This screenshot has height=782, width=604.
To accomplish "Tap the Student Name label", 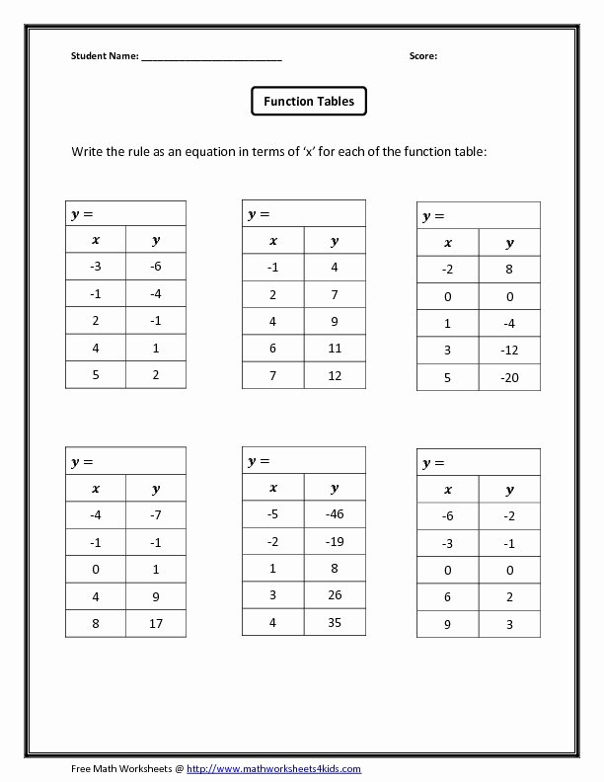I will click(105, 56).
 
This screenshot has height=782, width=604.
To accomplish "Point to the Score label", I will click(423, 56).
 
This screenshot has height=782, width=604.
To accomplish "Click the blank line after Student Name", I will click(211, 58).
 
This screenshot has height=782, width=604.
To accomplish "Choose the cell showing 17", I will click(155, 623).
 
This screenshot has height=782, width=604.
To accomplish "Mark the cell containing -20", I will click(509, 376).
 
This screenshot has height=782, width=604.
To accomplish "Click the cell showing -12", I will click(509, 350).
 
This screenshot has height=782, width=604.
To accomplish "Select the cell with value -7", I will click(155, 515).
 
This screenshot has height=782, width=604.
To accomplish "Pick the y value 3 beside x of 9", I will click(509, 624).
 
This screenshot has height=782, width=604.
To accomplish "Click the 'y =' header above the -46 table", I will click(259, 461).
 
